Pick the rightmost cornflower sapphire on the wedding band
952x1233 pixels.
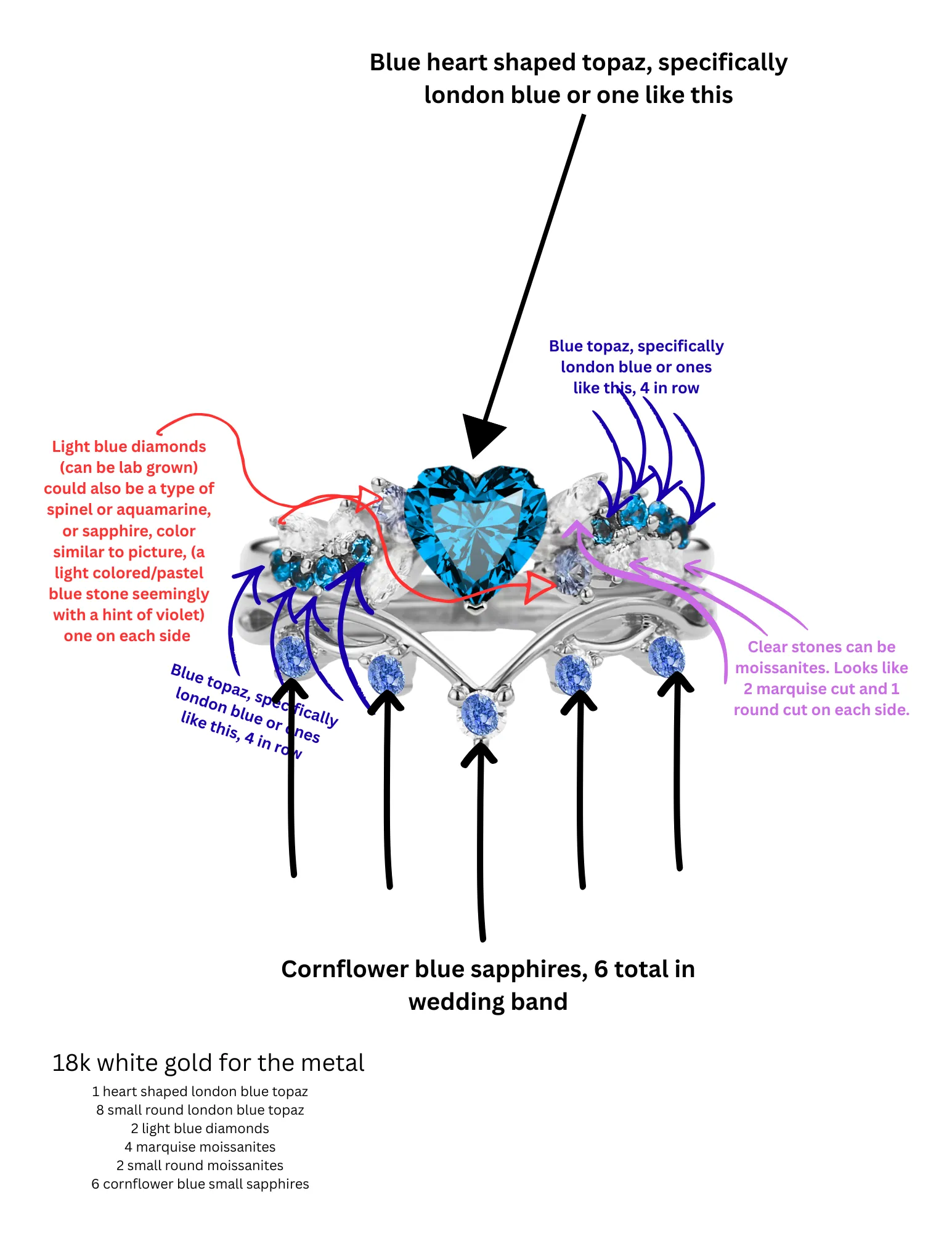click(667, 655)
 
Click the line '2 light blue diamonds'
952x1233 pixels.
click(200, 1128)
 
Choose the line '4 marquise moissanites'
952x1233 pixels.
click(200, 1147)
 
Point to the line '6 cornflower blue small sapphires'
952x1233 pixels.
click(200, 1184)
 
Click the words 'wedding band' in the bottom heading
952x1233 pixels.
click(488, 1002)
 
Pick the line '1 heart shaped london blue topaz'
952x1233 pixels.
click(200, 1091)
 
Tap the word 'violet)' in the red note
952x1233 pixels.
click(182, 615)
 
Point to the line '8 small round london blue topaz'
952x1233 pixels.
click(200, 1110)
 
